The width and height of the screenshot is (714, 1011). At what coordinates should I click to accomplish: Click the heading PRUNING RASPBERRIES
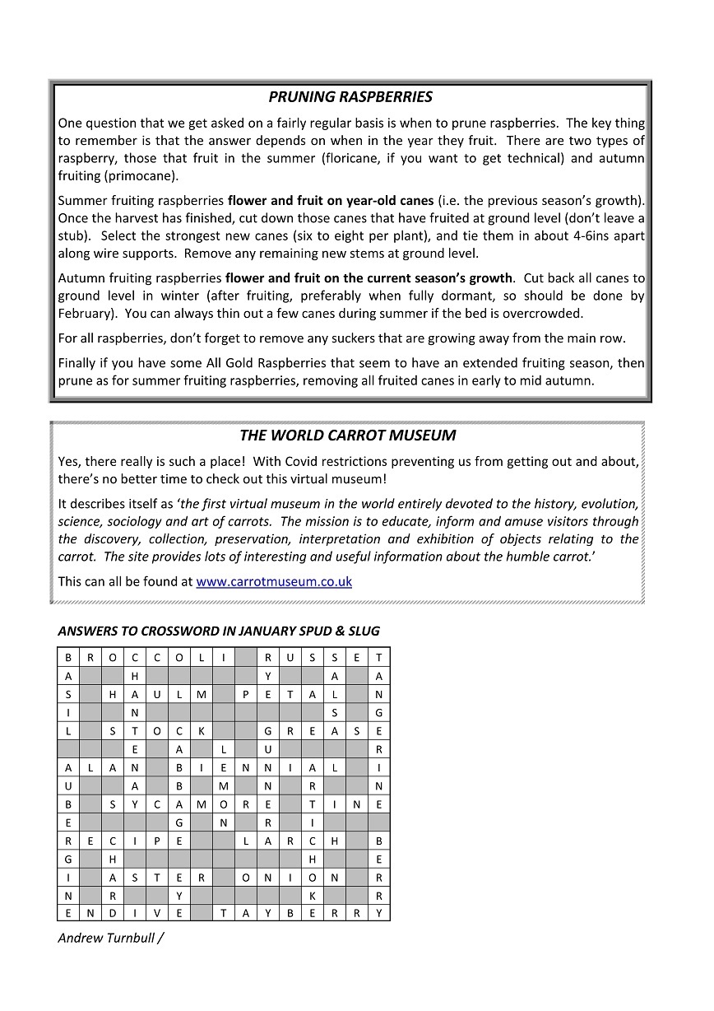pos(350,97)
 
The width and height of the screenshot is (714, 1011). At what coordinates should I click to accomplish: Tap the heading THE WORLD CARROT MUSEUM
pos(347,436)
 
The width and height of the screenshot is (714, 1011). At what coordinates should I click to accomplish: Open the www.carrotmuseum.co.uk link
pos(274,581)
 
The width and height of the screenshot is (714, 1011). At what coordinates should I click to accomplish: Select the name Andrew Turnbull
pos(105,938)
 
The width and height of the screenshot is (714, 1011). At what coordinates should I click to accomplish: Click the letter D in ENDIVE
pos(112,913)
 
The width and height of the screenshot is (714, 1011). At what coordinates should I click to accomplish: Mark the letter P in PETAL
pos(245,694)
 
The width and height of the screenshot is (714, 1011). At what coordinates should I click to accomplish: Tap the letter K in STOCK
pos(201,731)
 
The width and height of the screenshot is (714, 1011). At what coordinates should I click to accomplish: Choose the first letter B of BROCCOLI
pos(68,657)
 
